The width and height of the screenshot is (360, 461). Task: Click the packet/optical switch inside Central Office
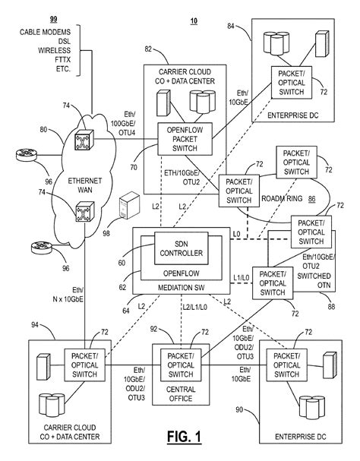pyautogui.click(x=179, y=364)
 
